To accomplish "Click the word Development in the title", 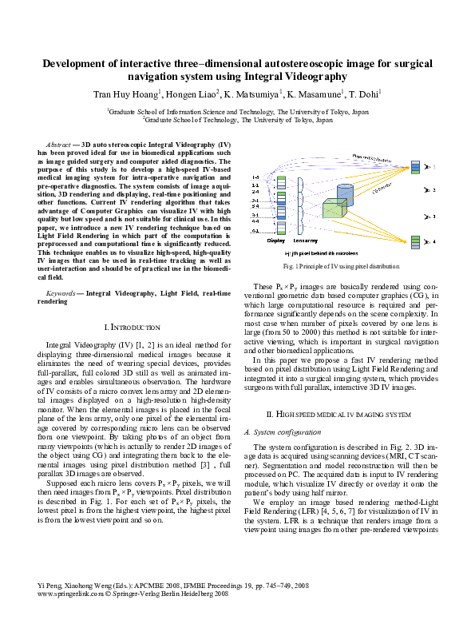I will pos(81,63).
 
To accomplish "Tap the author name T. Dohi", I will pos(366,94).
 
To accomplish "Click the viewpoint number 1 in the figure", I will pos(433,167).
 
